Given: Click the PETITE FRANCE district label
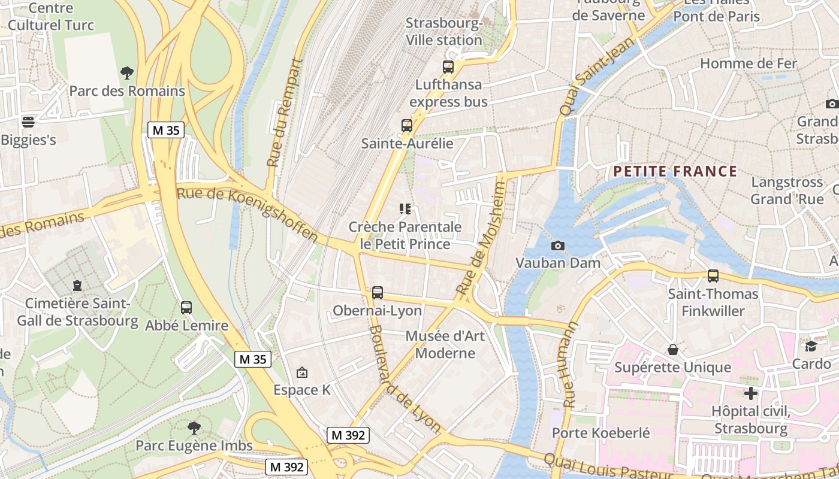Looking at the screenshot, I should [675, 171].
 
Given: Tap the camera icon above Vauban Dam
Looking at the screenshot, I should [557, 245].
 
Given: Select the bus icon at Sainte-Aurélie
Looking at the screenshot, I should [407, 126].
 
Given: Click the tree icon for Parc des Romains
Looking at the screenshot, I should [126, 73].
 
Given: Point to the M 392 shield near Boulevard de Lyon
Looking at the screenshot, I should [348, 435].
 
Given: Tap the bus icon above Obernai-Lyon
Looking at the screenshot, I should [377, 292].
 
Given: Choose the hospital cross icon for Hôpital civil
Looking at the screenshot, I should [750, 393].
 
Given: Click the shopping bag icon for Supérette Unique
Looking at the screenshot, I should [673, 349].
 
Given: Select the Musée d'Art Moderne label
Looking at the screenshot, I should [445, 344].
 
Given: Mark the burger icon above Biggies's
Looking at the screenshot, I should [28, 122].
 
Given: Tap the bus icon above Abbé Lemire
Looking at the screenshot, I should [186, 308].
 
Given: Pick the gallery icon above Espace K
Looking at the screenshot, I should [302, 372].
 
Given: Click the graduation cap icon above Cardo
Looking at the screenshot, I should [811, 346].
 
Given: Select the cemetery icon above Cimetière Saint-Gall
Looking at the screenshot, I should [77, 285].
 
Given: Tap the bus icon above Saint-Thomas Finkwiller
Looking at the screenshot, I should [713, 276].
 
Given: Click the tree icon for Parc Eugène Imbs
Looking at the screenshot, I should [194, 428].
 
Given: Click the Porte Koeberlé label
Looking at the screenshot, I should [600, 432].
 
